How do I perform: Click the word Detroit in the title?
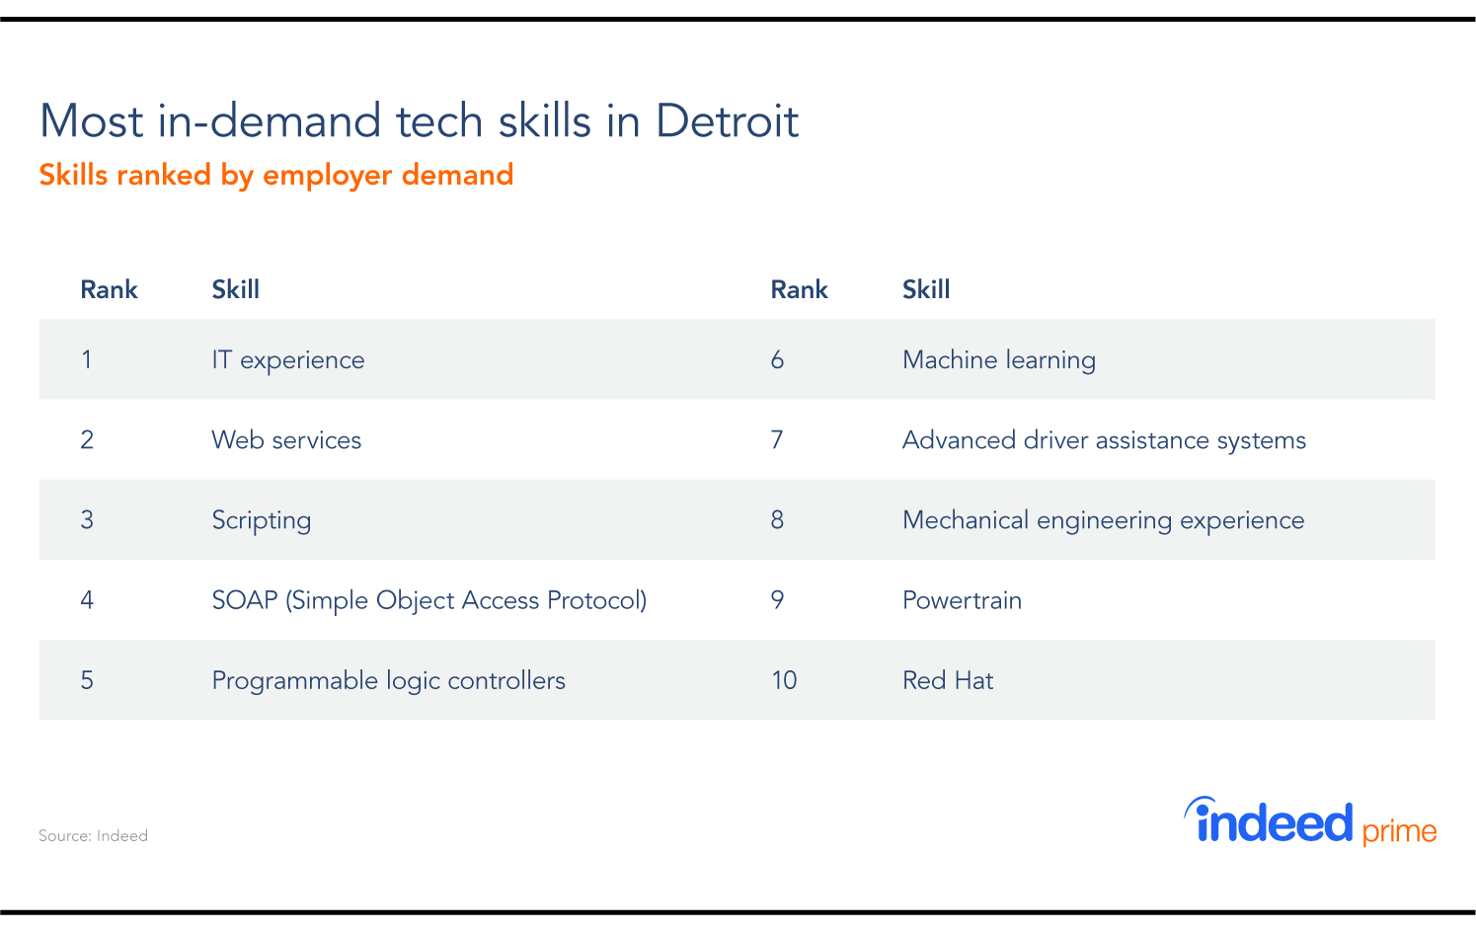pyautogui.click(x=727, y=121)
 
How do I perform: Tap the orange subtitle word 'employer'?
pyautogui.click(x=327, y=176)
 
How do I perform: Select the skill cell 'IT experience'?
pyautogui.click(x=288, y=360)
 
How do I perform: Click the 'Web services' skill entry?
pyautogui.click(x=286, y=440)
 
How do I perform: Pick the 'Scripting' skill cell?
pyautogui.click(x=261, y=520)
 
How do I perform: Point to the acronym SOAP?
pyautogui.click(x=245, y=600)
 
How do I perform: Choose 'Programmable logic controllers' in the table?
pyautogui.click(x=388, y=680)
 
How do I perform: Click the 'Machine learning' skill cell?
pyautogui.click(x=999, y=360)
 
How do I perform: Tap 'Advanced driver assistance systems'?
pyautogui.click(x=1104, y=440)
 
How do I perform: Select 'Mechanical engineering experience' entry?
pyautogui.click(x=1103, y=520)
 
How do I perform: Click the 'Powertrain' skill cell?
pyautogui.click(x=962, y=600)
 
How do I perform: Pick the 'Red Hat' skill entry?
pyautogui.click(x=948, y=680)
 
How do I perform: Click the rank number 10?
pyautogui.click(x=784, y=680)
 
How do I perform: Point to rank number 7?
pyautogui.click(x=777, y=440)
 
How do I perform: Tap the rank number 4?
pyautogui.click(x=87, y=600)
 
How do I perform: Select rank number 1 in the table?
pyautogui.click(x=86, y=360)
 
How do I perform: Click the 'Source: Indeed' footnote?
pyautogui.click(x=93, y=835)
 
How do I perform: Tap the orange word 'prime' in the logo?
pyautogui.click(x=1399, y=831)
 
